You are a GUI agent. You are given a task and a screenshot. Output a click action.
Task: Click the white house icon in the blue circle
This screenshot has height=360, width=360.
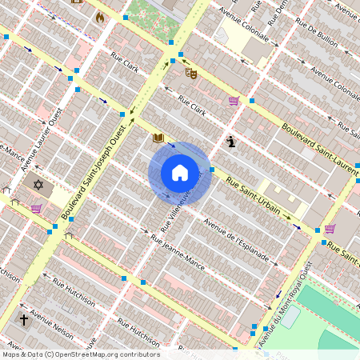(180, 172)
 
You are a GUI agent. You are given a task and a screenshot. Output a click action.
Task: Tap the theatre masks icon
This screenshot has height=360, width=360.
(191, 73)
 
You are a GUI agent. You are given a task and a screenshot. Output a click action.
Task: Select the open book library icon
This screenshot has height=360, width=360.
(158, 138)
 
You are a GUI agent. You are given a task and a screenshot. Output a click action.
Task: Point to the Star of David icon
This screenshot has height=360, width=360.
(37, 185)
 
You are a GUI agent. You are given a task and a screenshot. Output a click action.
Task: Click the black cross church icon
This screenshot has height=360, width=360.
(24, 319)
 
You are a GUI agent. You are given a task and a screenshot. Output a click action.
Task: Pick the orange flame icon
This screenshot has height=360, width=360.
(99, 17)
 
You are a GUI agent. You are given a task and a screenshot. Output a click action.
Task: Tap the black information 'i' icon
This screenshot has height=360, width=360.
(231, 142)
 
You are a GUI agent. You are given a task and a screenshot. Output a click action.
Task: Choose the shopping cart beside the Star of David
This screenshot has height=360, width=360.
(36, 208)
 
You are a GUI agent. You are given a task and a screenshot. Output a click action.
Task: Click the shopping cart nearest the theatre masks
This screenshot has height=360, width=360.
(233, 101)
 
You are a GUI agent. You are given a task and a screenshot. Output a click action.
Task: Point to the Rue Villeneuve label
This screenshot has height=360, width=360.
(179, 205)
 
